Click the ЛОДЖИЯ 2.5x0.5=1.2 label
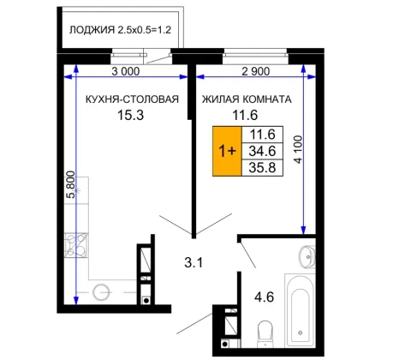pos(120,30)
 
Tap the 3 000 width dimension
pos(126,71)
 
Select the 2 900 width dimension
pos(255,71)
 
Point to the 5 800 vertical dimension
pos(70,184)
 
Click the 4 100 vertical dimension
pos(298,149)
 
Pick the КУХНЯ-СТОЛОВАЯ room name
pos(132,99)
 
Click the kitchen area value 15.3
pos(131,115)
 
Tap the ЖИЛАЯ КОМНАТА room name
pos(247,99)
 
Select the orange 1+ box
pos(227,151)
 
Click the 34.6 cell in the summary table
pos(262,151)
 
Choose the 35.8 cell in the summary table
pos(262,167)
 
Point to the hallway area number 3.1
pos(194,262)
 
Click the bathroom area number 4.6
pos(265,297)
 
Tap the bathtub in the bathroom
pos(300,311)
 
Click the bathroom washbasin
pos(307,256)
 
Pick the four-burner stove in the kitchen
pos(76,245)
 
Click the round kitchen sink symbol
pos(101,292)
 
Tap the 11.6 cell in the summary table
pos(262,135)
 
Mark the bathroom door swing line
pos(248,255)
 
